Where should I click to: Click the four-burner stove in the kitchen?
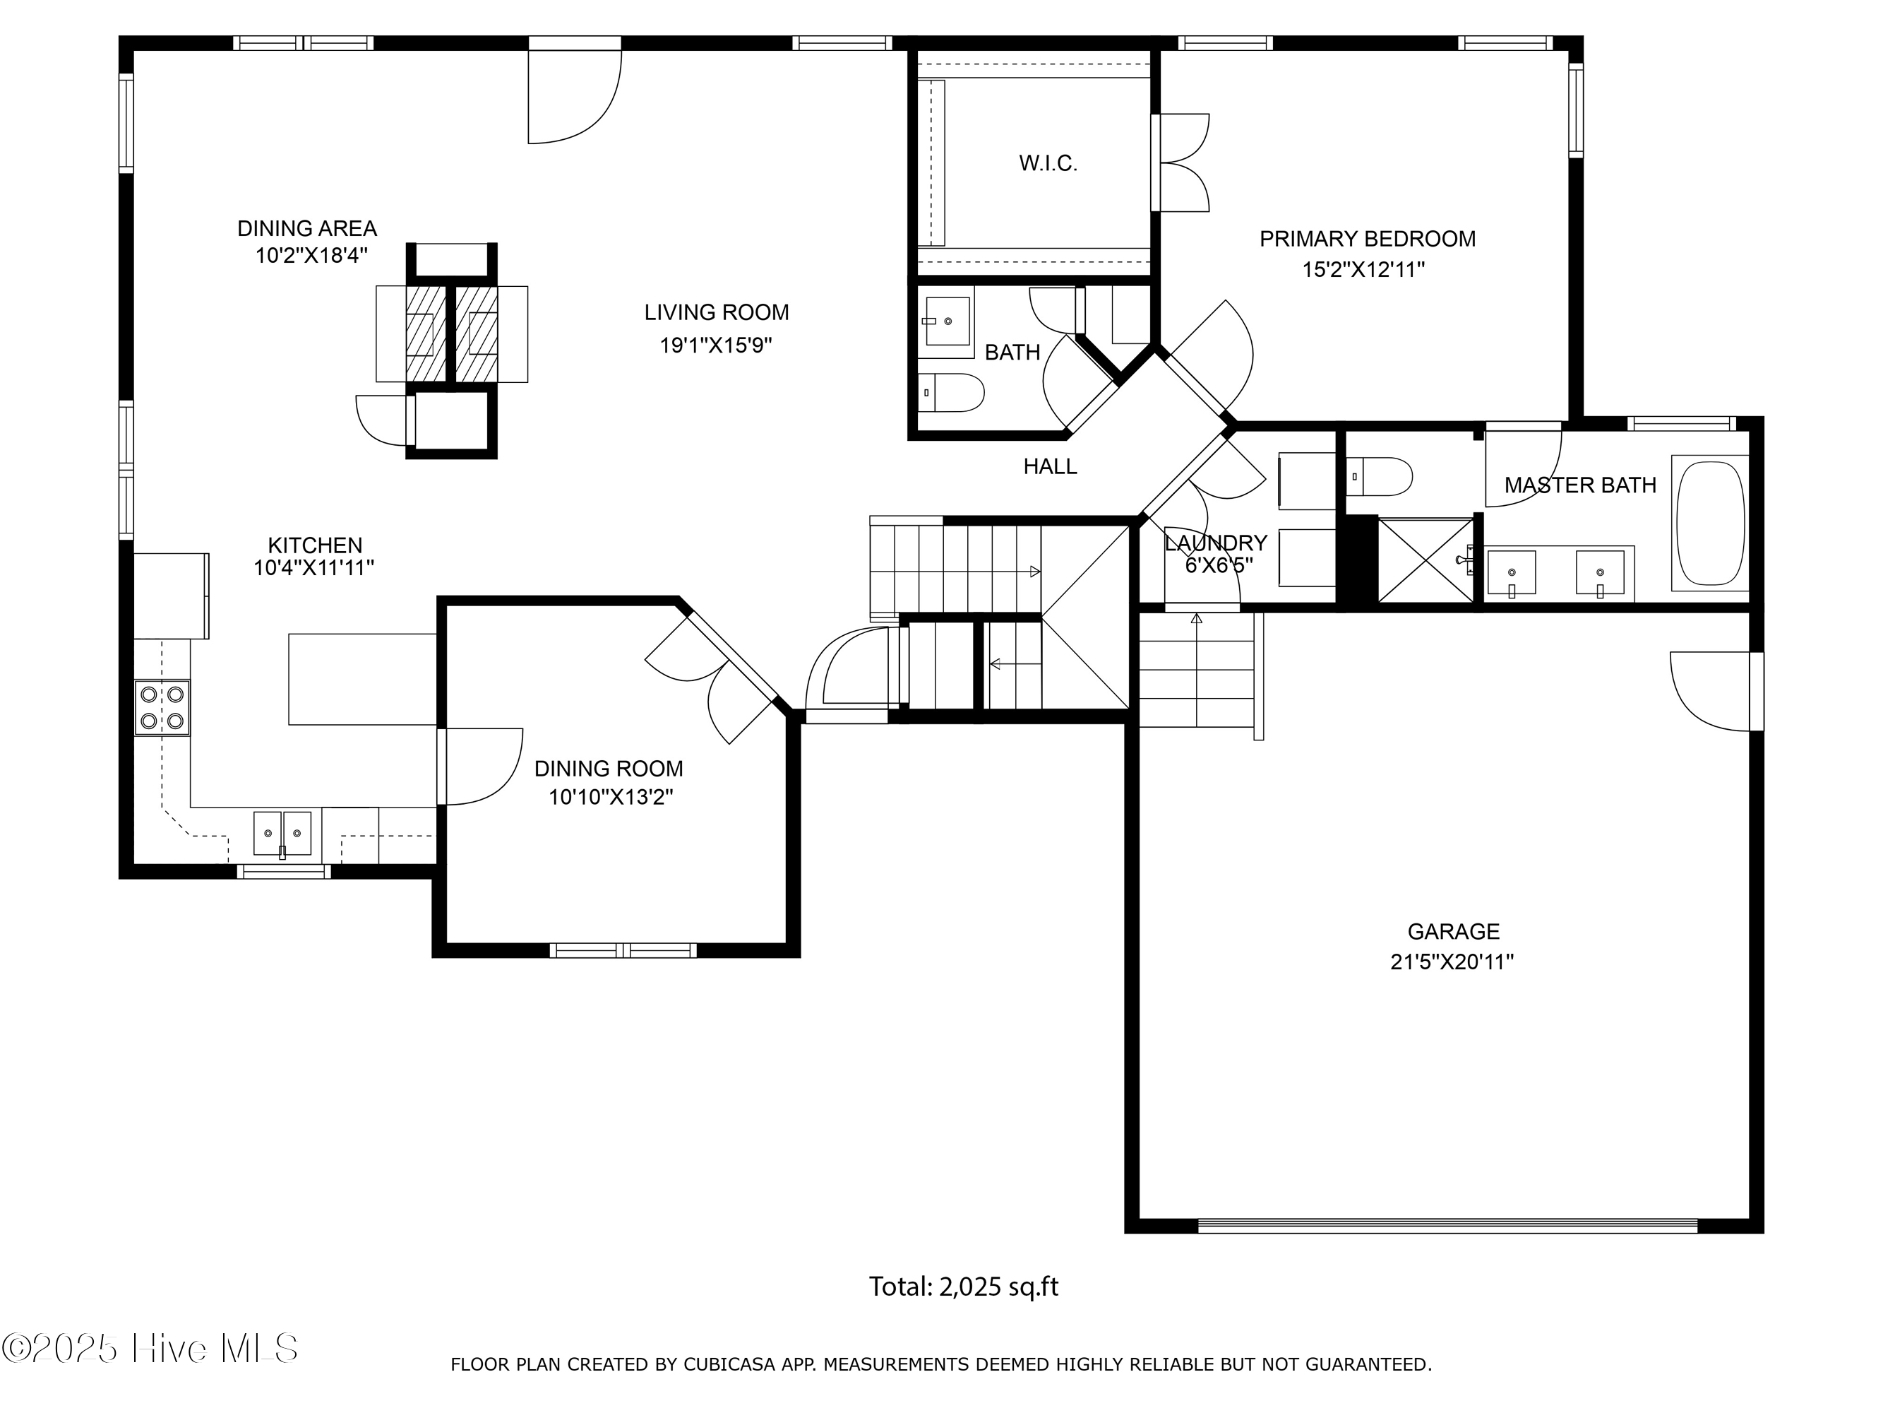point(162,707)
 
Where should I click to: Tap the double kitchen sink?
point(282,833)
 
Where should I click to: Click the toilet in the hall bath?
point(953,392)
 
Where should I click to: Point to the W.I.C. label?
point(1048,163)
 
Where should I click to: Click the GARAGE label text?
point(1453,931)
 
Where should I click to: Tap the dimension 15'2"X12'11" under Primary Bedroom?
point(1363,270)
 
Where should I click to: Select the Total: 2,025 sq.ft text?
point(963,1286)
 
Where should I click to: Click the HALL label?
point(1050,466)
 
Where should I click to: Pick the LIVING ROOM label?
point(716,312)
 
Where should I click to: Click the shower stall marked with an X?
point(1425,560)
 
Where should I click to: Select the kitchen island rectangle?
point(363,679)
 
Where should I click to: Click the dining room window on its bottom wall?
point(623,950)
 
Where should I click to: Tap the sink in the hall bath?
point(947,321)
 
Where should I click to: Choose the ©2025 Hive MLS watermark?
point(150,1348)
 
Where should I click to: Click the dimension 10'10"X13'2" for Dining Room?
point(610,797)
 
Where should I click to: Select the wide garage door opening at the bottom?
point(1447,1226)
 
